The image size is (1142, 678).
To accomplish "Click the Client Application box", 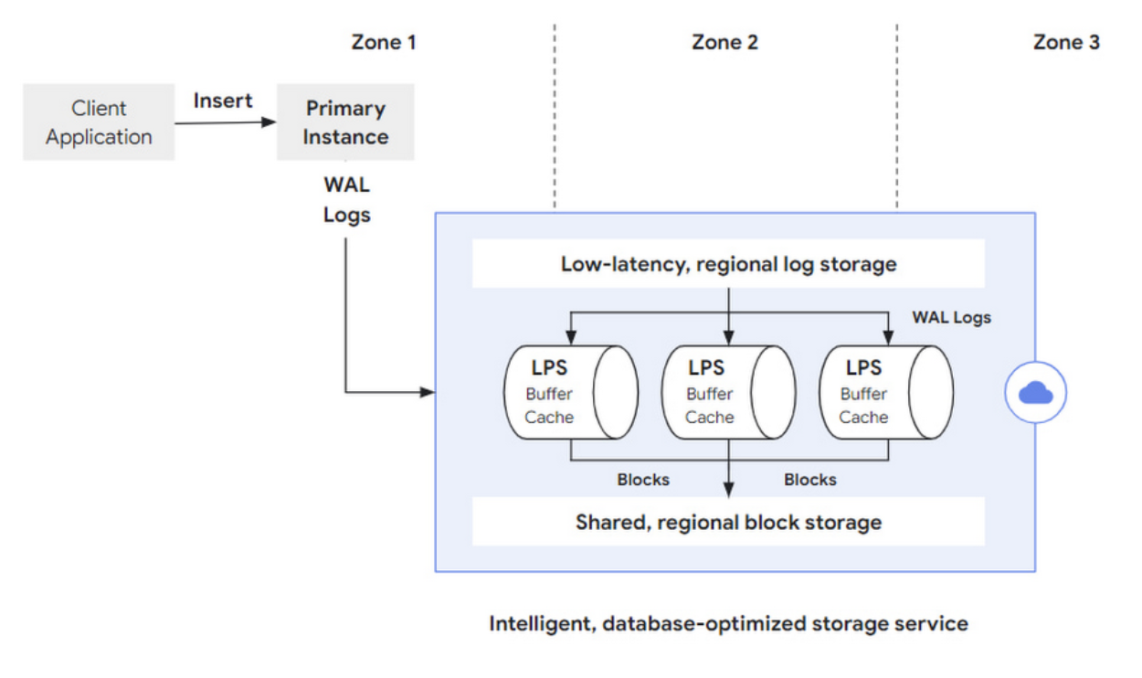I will [x=99, y=122].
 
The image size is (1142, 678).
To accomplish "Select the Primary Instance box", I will [x=345, y=122].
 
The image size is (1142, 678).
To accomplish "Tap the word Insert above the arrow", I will [x=223, y=101].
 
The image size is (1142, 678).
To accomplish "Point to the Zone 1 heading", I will [x=384, y=42].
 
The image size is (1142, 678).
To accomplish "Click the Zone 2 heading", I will [x=724, y=42].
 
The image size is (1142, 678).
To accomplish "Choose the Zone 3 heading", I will [x=1066, y=42].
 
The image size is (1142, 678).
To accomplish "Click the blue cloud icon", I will [x=1035, y=393].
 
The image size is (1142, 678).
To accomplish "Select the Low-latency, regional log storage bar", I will [x=728, y=264].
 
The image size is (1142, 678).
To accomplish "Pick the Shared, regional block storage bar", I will [x=728, y=522].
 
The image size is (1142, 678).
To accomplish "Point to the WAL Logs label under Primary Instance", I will [x=347, y=200].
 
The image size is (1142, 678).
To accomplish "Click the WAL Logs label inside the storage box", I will [x=951, y=318].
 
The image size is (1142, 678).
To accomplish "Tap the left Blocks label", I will [x=643, y=480].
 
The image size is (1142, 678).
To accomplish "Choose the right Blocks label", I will [x=809, y=480].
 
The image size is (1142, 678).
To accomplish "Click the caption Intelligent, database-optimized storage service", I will [x=728, y=624].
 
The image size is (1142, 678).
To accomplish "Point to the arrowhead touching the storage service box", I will [x=428, y=393].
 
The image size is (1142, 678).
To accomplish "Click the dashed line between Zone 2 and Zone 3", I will [x=896, y=119].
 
